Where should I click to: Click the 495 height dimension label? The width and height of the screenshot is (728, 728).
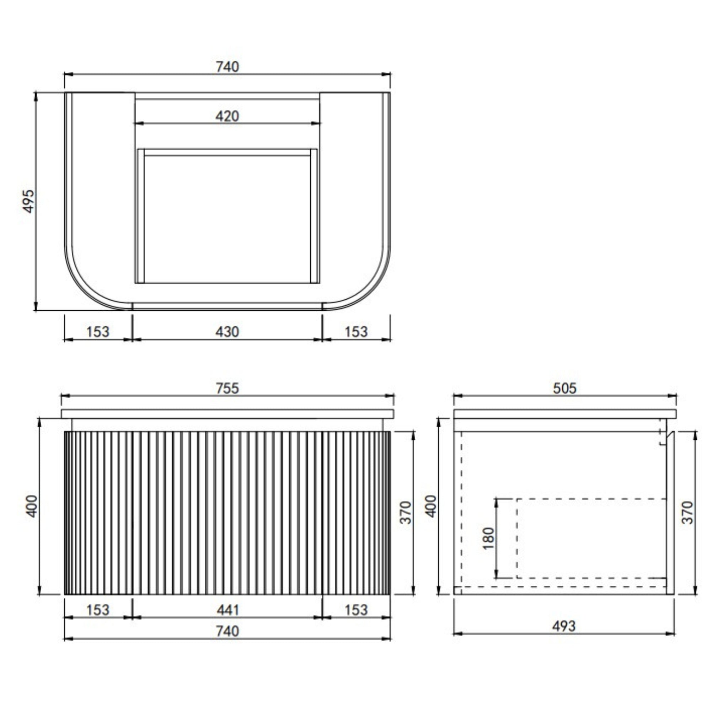(x=29, y=202)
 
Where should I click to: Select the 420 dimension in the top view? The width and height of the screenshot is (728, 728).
(x=227, y=116)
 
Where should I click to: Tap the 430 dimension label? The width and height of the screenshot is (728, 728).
(x=227, y=332)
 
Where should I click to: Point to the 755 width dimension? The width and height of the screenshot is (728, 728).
(x=227, y=388)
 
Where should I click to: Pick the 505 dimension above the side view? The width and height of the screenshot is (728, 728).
(x=564, y=388)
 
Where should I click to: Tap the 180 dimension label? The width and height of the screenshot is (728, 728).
(x=488, y=539)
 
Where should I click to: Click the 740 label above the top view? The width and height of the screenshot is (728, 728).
(x=227, y=67)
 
